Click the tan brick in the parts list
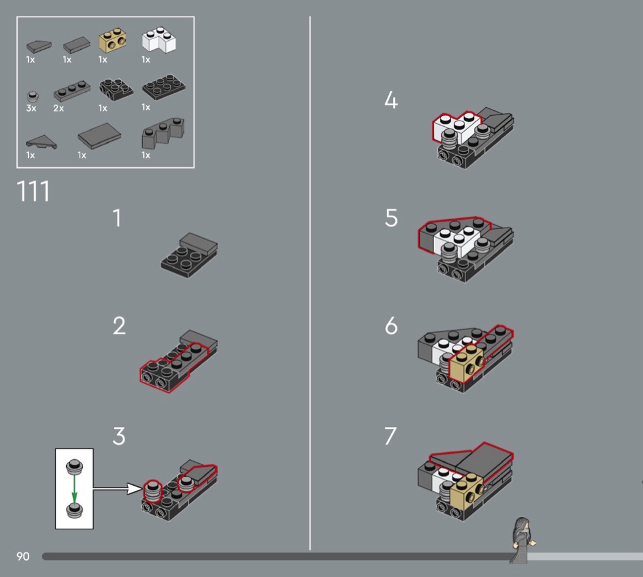tap(112, 40)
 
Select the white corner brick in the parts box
tap(159, 40)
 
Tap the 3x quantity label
tap(31, 108)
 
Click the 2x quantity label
tap(59, 108)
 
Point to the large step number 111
tap(33, 191)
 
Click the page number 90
tap(23, 557)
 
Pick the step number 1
tap(118, 218)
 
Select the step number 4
tap(391, 100)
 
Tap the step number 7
tap(391, 436)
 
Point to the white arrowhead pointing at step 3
tap(134, 488)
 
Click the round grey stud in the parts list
tap(32, 96)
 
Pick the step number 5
tap(391, 218)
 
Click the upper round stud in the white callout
tap(74, 466)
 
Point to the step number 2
tap(119, 326)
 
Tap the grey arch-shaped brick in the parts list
tap(164, 133)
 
